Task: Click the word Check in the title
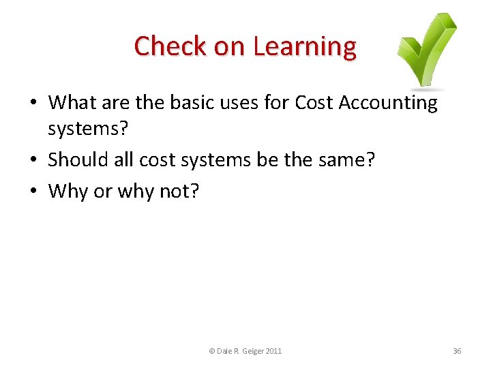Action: [x=161, y=46]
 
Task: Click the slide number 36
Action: [x=457, y=351]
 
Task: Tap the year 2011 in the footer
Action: [x=273, y=351]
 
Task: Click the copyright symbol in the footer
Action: [x=211, y=351]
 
